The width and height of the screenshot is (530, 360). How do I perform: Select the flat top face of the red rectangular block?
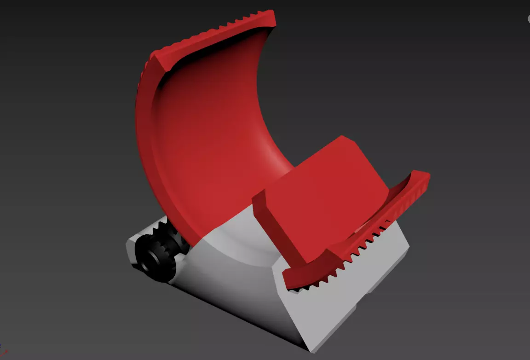(322, 184)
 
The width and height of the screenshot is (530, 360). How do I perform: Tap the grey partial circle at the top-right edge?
(528, 18)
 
